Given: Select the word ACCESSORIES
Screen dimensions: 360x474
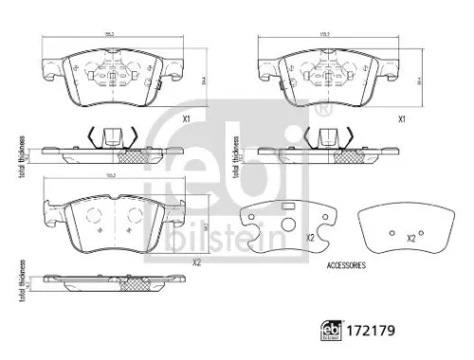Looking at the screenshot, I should coord(345,266).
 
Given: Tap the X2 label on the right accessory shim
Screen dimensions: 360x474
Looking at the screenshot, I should coord(411,238).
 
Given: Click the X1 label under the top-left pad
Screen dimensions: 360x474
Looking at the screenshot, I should coord(188,118).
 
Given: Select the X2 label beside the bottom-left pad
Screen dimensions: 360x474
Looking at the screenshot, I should coord(196,262).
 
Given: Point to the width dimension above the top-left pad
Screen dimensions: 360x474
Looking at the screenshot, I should coord(111,36).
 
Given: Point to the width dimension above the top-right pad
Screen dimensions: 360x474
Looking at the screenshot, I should coord(325,36).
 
